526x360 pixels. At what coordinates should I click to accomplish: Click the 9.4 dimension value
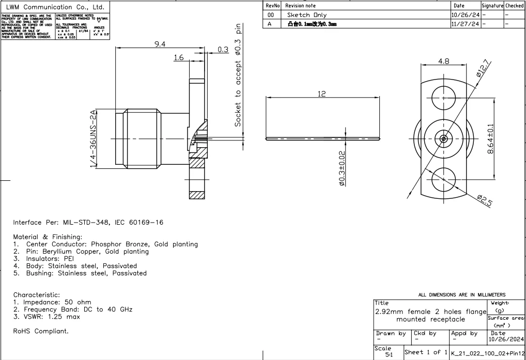[x=160, y=44]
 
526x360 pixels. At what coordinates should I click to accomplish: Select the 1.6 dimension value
[x=179, y=58]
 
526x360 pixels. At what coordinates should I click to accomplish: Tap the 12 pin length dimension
[x=322, y=93]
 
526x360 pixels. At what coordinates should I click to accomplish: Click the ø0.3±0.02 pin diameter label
[x=342, y=168]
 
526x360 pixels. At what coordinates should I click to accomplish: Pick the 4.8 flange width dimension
[x=443, y=61]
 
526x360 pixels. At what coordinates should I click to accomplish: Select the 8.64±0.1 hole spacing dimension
[x=490, y=138]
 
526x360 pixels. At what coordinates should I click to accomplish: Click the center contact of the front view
[x=443, y=138]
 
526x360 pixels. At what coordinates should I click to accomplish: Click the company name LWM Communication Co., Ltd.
[x=56, y=7]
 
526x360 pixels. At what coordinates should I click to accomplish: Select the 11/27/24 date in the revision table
[x=465, y=24]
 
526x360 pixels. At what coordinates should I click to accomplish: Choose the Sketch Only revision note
[x=307, y=15]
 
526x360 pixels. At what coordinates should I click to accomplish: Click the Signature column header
[x=492, y=6]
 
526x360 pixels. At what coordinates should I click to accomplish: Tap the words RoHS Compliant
[x=40, y=331]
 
